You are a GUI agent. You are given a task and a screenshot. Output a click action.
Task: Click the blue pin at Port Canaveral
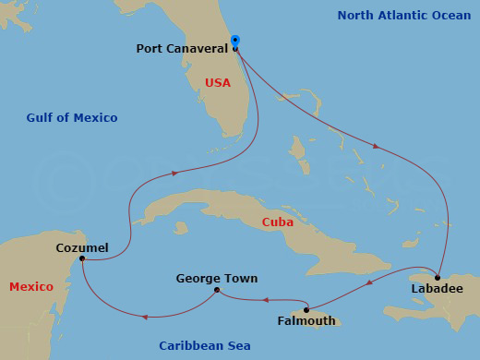point(234,42)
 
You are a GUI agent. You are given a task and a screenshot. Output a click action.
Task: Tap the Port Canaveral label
point(182,49)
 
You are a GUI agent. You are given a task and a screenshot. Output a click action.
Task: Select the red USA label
point(217,83)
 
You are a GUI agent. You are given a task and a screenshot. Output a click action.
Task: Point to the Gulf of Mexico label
point(72,117)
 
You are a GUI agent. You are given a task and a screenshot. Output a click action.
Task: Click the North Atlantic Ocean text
point(404,16)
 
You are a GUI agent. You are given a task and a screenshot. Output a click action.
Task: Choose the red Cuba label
point(278,222)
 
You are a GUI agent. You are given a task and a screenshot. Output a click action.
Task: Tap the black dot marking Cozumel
point(82,258)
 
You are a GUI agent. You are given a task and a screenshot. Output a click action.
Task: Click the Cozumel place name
point(82,247)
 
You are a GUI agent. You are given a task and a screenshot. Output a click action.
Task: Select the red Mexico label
point(31,287)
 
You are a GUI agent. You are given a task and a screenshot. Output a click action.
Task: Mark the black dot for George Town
point(217,290)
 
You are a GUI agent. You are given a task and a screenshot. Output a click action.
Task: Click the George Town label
point(217,278)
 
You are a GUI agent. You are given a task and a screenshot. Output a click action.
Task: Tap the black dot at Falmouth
point(306,309)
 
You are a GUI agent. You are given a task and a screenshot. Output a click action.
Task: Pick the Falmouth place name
point(306,321)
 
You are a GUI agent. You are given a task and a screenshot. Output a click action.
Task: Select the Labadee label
point(437,288)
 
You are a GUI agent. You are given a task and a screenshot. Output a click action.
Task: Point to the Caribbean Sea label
point(204,345)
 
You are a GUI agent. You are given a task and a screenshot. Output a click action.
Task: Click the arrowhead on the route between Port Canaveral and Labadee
point(374,145)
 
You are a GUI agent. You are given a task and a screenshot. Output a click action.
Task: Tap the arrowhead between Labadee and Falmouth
point(369,282)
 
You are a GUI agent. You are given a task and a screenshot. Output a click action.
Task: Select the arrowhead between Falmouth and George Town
point(265,299)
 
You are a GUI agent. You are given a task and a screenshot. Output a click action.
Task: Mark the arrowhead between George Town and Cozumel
point(146,318)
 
